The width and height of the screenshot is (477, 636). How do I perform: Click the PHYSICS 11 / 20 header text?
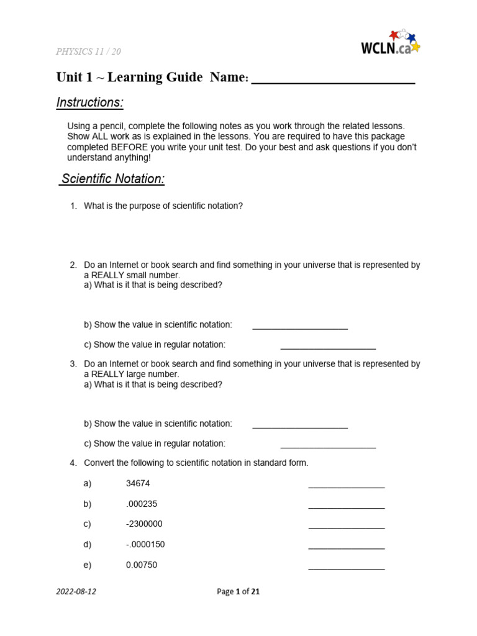[x=88, y=52]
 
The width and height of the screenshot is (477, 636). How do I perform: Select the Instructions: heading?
[x=89, y=102]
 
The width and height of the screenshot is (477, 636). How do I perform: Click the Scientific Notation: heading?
[x=113, y=179]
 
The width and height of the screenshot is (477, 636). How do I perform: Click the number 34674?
[x=138, y=483]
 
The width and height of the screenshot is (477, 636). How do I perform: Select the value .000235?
[x=141, y=504]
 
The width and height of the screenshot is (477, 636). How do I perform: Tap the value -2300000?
[x=144, y=524]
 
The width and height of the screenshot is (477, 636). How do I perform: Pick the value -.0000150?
[x=145, y=545]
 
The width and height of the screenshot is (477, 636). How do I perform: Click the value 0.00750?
[x=141, y=565]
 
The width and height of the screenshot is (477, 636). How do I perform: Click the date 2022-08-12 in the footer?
[x=76, y=592]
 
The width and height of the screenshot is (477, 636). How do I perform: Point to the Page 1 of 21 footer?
[x=238, y=592]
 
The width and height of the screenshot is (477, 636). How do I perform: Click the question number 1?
[x=73, y=206]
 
